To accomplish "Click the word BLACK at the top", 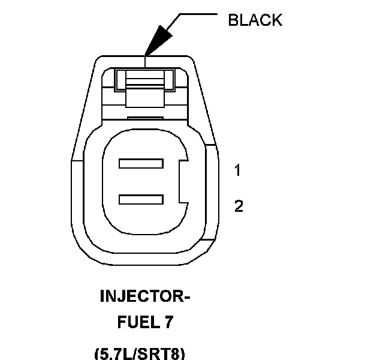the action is tap(255, 20).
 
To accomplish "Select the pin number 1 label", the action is tap(238, 171).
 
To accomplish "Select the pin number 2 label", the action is tap(239, 207).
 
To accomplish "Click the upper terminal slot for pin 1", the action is tap(141, 163).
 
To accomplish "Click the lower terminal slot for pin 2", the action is tap(141, 199).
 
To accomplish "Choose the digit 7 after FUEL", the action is tap(168, 323).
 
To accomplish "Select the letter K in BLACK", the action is tap(276, 20).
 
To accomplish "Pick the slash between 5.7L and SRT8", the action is tap(140, 353).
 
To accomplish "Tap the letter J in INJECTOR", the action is tap(120, 296).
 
